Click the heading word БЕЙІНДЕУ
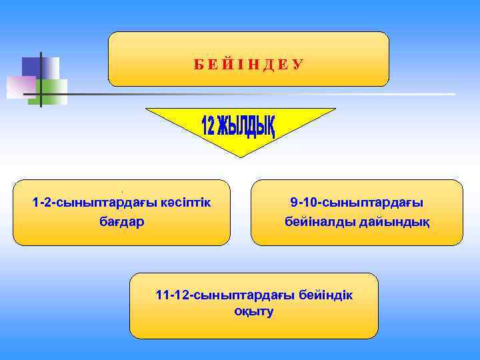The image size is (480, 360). pos(248,64)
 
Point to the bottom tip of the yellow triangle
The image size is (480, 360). pos(241,156)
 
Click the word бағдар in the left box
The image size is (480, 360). pos(121,220)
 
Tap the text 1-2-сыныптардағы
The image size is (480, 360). pos(93,202)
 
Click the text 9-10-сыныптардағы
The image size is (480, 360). pos(357,202)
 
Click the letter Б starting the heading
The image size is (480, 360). pos(198,65)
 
